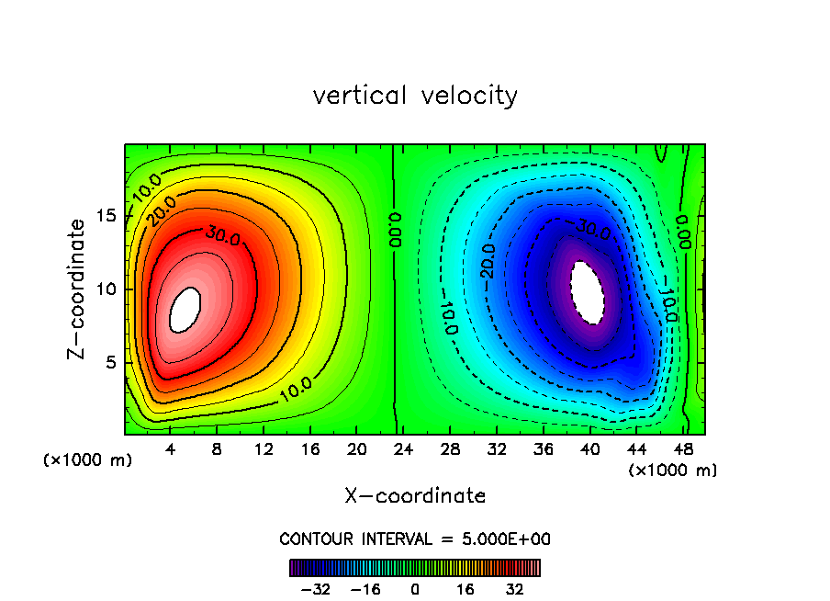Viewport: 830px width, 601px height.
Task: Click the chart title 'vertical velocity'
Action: pyautogui.click(x=415, y=96)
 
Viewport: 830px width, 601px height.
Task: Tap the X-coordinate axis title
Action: pyautogui.click(x=415, y=496)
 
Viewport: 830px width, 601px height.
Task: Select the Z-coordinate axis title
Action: pyautogui.click(x=80, y=289)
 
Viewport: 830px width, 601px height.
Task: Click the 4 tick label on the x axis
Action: pyautogui.click(x=171, y=449)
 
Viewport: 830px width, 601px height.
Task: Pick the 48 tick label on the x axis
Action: pyautogui.click(x=683, y=449)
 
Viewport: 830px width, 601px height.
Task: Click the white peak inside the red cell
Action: pyautogui.click(x=185, y=310)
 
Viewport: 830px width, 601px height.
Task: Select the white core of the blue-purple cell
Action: pyautogui.click(x=587, y=292)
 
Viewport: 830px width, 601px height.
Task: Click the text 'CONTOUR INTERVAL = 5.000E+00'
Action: pyautogui.click(x=415, y=539)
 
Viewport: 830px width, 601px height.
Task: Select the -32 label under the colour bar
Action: pyautogui.click(x=317, y=589)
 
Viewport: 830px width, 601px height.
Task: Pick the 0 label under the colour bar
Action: pyautogui.click(x=415, y=589)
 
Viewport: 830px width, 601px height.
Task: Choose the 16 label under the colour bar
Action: pyautogui.click(x=465, y=589)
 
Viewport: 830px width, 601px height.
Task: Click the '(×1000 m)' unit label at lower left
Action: pyautogui.click(x=88, y=460)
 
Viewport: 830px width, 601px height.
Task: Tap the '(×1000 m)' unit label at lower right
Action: pyautogui.click(x=673, y=471)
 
